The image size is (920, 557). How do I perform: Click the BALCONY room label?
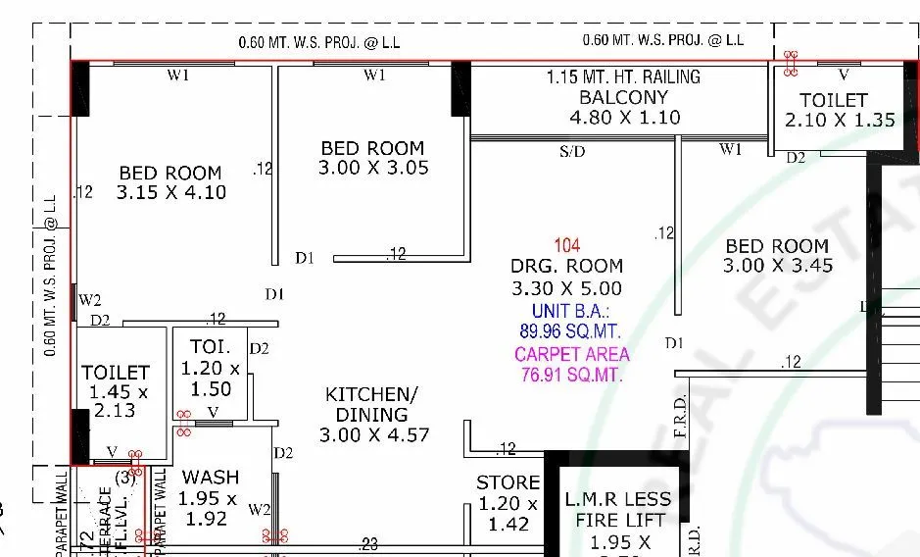click(x=623, y=97)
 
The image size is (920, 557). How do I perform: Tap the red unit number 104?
click(x=566, y=246)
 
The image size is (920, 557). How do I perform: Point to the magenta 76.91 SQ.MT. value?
click(x=572, y=374)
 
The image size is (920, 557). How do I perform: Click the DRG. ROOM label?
click(x=566, y=266)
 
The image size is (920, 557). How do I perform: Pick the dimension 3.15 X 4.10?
click(x=170, y=193)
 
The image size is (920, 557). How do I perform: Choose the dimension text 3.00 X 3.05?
click(x=373, y=168)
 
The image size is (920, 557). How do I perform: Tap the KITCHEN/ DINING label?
click(x=371, y=404)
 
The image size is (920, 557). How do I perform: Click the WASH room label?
click(x=211, y=478)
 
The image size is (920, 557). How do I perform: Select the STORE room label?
click(x=508, y=482)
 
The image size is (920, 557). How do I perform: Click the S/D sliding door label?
click(x=572, y=152)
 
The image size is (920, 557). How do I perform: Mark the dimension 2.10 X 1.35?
click(x=840, y=120)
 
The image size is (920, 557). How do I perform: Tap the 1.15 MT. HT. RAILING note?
click(x=623, y=76)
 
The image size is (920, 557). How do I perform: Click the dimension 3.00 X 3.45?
click(x=777, y=266)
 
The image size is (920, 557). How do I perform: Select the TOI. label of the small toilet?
click(x=209, y=347)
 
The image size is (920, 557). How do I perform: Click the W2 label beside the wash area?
click(x=260, y=509)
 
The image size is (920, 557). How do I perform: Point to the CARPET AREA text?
click(x=572, y=354)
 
